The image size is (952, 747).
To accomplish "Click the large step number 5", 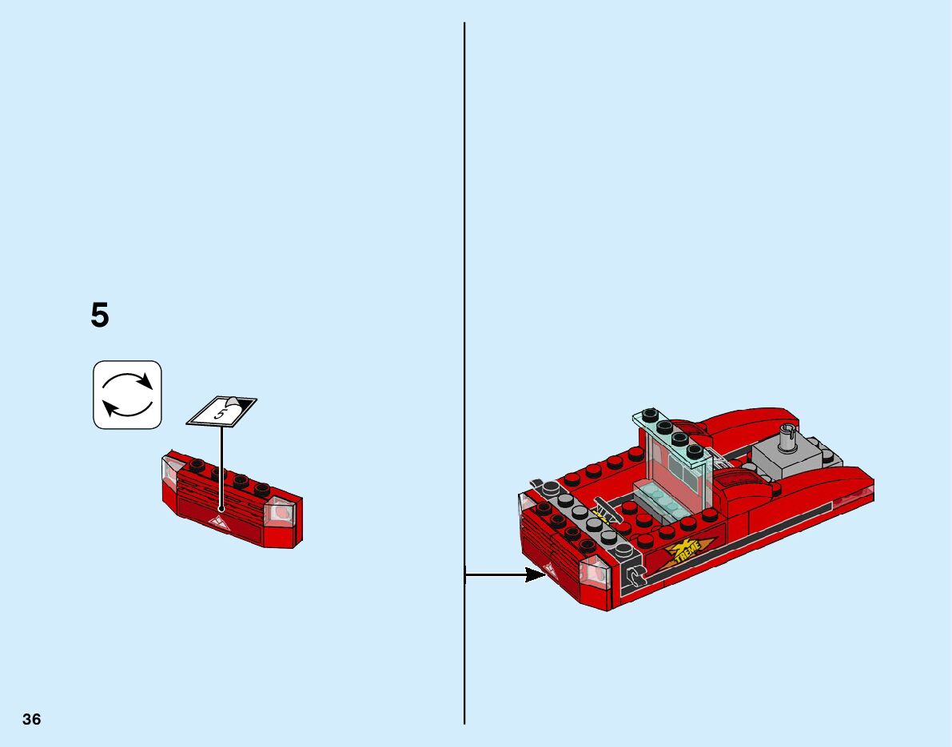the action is (99, 316).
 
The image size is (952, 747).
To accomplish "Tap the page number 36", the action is (32, 719).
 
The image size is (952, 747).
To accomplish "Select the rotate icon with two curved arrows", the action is (128, 395).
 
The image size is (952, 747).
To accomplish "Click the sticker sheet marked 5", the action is (221, 411).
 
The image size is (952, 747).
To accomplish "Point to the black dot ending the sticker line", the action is (221, 508).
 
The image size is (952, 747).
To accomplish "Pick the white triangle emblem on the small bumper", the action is (218, 523).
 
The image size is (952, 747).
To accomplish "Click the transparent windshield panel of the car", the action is (679, 471).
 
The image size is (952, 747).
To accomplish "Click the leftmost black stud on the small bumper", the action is (196, 467).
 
